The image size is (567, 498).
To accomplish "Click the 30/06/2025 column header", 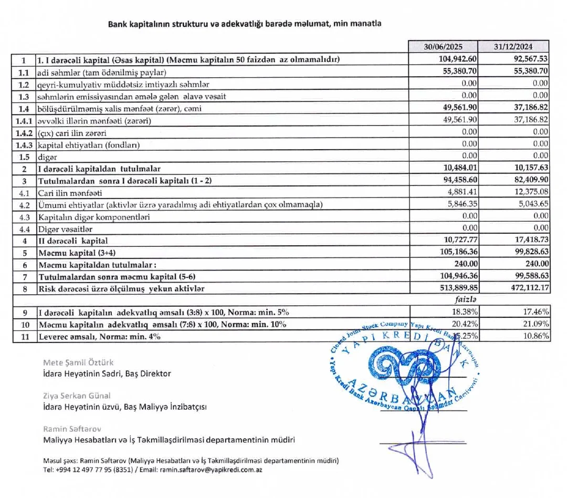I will pyautogui.click(x=443, y=46).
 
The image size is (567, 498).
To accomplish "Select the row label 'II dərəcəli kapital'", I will pyautogui.click(x=72, y=241).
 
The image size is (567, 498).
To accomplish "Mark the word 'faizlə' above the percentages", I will pyautogui.click(x=465, y=300).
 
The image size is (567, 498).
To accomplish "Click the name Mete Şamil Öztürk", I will pyautogui.click(x=78, y=362).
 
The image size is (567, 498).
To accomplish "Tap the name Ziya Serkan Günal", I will pyautogui.click(x=77, y=396).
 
